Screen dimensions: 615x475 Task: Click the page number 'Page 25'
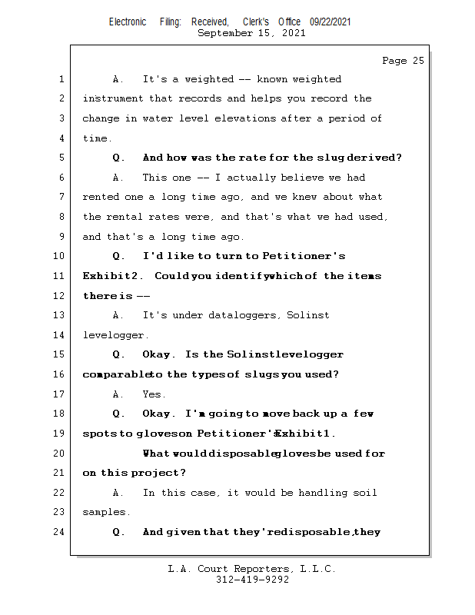[x=403, y=61]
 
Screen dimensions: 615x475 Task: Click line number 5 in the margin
[x=61, y=158]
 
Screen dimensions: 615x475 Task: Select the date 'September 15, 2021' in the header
[x=251, y=33]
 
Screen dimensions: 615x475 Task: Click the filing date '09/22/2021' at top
[x=331, y=22]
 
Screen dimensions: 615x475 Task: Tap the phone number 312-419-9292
[x=251, y=580]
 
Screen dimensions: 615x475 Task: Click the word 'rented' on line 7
[x=101, y=198]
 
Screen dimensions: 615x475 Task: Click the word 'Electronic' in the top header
[x=128, y=22]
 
